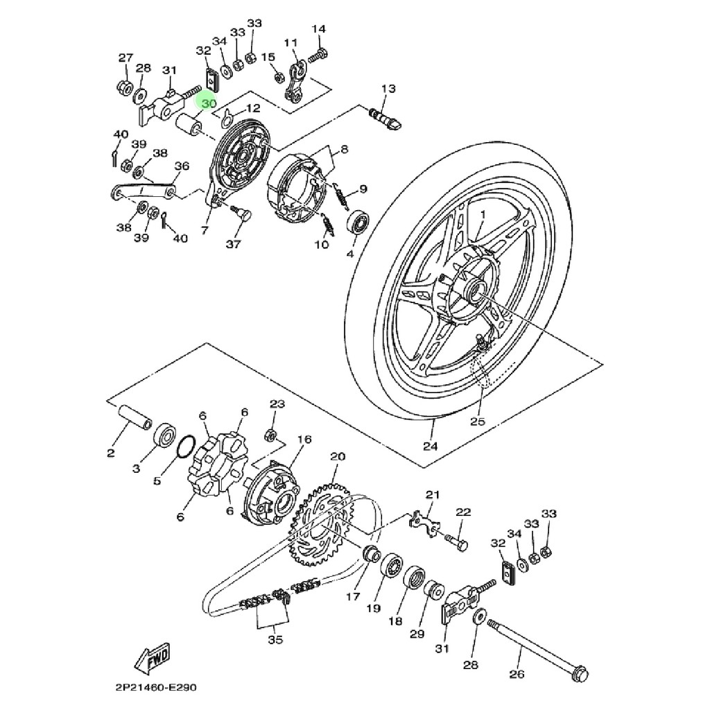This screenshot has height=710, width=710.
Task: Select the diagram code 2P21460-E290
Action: point(157,689)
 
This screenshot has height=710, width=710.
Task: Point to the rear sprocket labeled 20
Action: point(323,527)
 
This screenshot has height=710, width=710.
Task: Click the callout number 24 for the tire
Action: point(431,447)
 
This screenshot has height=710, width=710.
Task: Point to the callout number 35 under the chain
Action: point(275,640)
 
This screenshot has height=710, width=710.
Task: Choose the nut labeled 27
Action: point(125,88)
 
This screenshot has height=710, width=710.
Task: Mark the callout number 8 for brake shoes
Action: point(344,150)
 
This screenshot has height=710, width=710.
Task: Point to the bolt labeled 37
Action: point(243,214)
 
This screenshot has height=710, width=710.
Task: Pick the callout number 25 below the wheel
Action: point(478,421)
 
